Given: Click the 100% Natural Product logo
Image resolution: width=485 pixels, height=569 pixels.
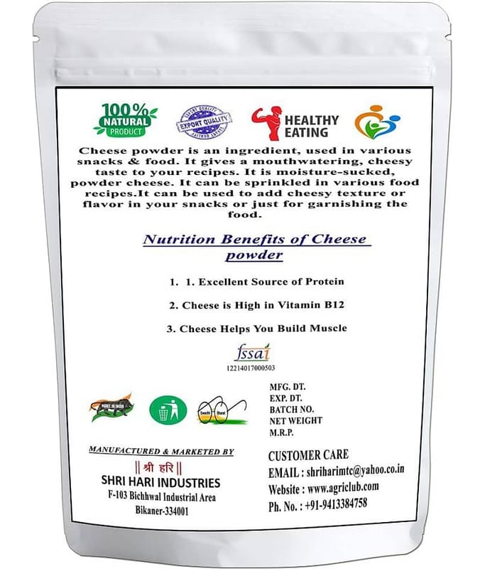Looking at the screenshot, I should point(125,119).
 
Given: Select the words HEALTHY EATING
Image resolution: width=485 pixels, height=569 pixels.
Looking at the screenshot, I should point(311,126).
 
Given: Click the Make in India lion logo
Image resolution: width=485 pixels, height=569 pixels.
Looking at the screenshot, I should point(111,408).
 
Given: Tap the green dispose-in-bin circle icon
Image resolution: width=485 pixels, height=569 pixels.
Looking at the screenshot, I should point(168,410).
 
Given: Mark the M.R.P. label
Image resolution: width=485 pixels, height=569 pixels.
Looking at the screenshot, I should point(285,433).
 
